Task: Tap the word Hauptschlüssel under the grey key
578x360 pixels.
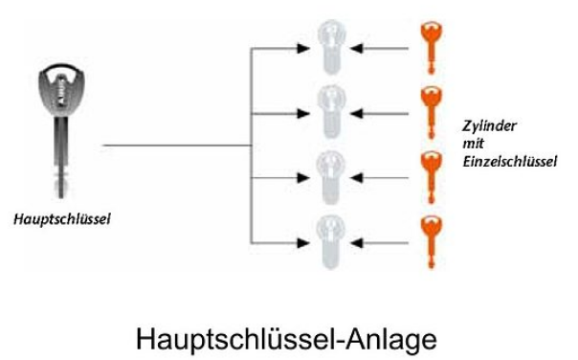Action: tap(62, 219)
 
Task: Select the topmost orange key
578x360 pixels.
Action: tap(432, 47)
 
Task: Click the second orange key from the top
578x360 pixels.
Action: tap(432, 113)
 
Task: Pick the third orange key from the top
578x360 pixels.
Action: tap(432, 177)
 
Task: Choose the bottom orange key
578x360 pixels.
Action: tap(432, 242)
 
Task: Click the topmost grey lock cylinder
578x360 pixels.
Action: tap(331, 47)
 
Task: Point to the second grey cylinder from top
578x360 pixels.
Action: tap(331, 112)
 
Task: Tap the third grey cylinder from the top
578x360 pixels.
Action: tap(331, 177)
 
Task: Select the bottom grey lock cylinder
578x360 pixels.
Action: tap(331, 242)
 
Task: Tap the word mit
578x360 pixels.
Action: tap(473, 143)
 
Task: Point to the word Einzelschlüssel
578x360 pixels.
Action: tap(510, 162)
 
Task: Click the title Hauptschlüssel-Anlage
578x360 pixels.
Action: tap(286, 339)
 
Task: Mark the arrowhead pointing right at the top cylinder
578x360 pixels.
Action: tap(303, 48)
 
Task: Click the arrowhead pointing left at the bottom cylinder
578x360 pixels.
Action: tap(356, 243)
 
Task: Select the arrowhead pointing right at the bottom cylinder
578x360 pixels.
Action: tap(303, 243)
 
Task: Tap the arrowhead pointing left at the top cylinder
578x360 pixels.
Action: tap(356, 48)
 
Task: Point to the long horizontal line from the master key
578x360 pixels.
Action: tap(177, 146)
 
